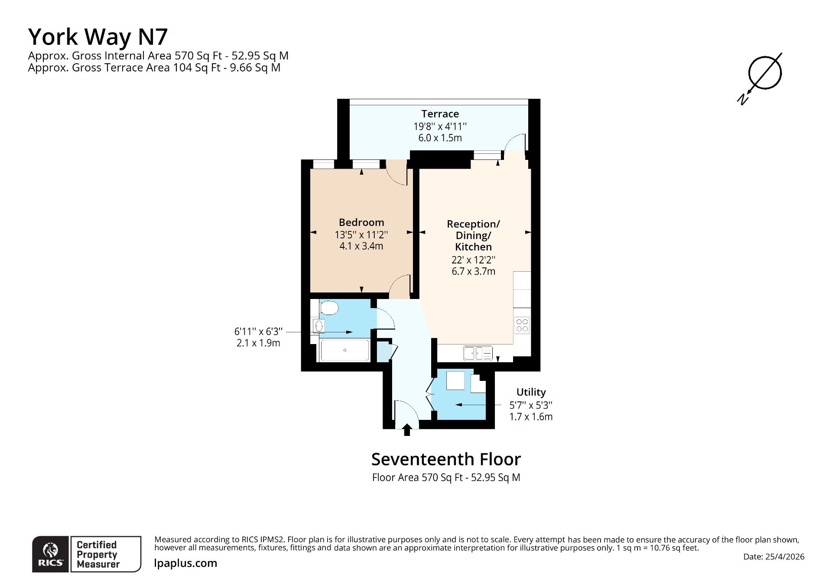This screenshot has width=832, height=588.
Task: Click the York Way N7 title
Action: click(x=98, y=36)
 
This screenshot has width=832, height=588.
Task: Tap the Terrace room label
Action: click(x=440, y=114)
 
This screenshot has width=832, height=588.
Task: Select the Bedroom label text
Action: click(x=361, y=222)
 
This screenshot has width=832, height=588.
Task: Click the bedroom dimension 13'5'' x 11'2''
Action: click(x=361, y=235)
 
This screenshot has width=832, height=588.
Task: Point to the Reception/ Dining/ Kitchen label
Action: click(x=473, y=235)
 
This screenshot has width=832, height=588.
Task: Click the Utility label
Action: click(x=531, y=392)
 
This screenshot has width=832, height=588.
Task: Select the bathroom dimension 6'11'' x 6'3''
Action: click(x=258, y=331)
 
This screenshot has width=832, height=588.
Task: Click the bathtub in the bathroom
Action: click(x=344, y=350)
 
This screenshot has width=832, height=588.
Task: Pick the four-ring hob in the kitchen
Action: click(x=522, y=325)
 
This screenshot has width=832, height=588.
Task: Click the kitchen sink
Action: click(x=478, y=353)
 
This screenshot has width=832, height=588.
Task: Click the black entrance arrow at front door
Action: click(x=406, y=430)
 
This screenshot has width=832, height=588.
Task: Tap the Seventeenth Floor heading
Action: click(x=446, y=459)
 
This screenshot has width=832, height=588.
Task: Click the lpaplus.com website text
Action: click(x=185, y=563)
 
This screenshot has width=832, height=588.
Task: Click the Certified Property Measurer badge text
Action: click(x=97, y=554)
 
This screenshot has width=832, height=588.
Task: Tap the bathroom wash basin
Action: click(x=319, y=326)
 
